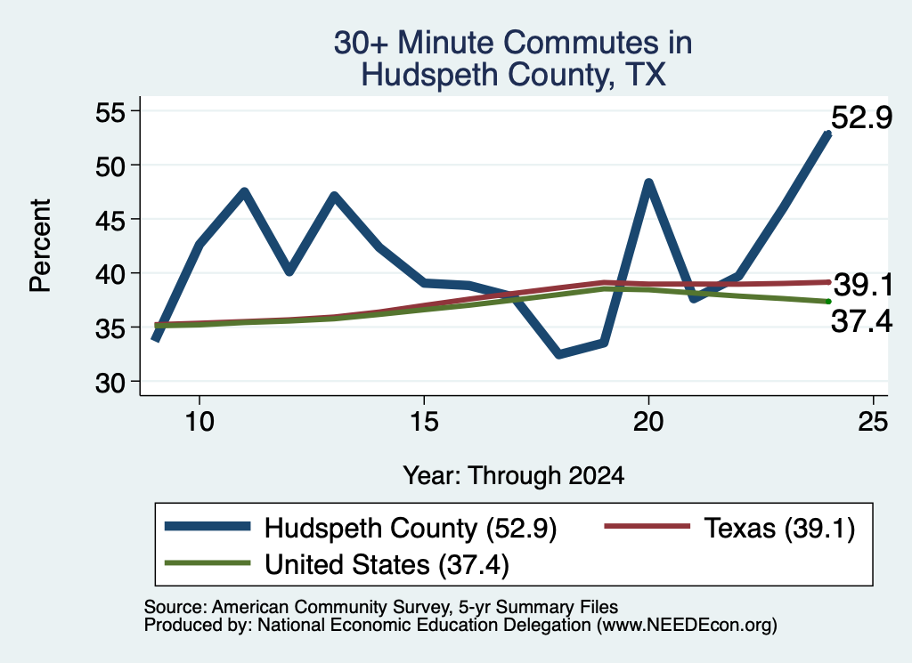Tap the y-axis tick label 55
[x=110, y=112]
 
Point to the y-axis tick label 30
[x=110, y=383]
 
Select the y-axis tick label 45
[x=110, y=220]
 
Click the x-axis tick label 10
[x=199, y=421]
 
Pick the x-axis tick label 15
[x=424, y=421]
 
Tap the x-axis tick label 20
[x=648, y=421]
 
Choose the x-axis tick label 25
[x=873, y=421]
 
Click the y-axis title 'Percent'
[x=40, y=246]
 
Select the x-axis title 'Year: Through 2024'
[x=514, y=475]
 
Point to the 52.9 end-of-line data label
[x=861, y=118]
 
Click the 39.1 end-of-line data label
[x=863, y=286]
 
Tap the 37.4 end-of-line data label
[x=861, y=321]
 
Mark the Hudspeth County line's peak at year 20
[x=648, y=183]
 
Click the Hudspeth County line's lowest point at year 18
[x=559, y=354]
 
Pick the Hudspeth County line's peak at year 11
[x=244, y=191]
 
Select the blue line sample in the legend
[x=208, y=527]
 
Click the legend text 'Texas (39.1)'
[x=779, y=529]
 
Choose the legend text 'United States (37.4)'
[x=387, y=565]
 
